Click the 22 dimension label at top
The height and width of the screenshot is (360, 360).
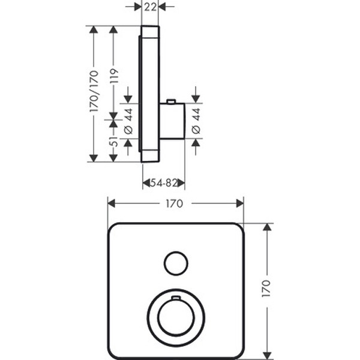point(150,7)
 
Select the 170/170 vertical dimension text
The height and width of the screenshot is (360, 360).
point(94,91)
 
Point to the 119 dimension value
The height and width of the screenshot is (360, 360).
point(114,76)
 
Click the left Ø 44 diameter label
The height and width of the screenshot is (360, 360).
point(128,121)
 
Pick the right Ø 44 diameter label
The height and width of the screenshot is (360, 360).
point(196,121)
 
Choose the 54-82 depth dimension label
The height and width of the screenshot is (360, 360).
point(164,183)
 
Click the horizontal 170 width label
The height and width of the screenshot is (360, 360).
point(175,203)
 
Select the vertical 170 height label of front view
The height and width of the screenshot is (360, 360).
point(266,289)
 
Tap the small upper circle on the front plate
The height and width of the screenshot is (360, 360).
point(176,263)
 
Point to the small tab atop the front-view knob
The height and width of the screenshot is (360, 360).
point(176,298)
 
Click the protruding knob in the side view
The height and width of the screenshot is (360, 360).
point(172,121)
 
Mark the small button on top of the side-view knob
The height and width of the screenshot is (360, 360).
point(171,101)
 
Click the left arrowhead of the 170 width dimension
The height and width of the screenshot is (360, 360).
point(112,203)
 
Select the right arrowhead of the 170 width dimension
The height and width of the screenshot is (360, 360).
point(240,203)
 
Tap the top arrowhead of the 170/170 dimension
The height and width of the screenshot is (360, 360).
point(94,29)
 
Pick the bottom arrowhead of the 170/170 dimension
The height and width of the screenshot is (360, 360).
point(94,158)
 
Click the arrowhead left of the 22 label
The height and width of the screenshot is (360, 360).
point(137,7)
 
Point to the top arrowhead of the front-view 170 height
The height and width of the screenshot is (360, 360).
point(267,227)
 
